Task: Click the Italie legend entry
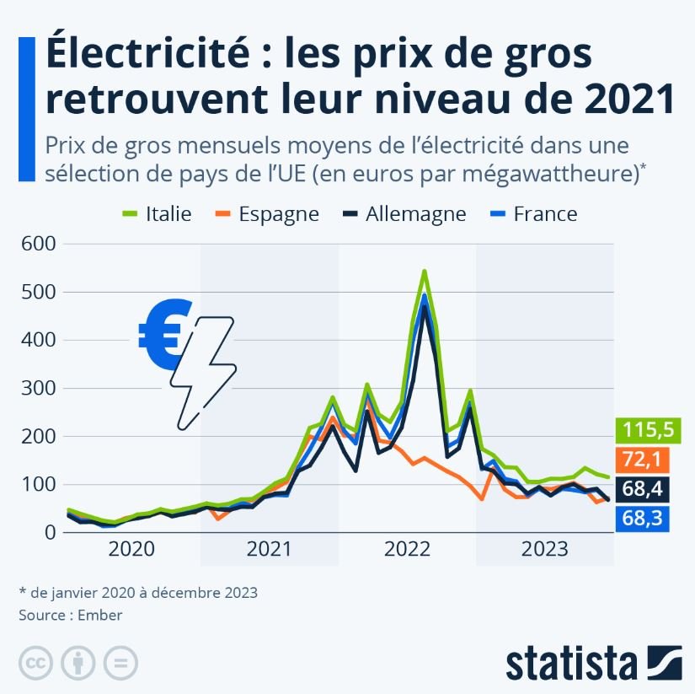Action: pos(156,213)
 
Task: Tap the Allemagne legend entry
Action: pos(402,213)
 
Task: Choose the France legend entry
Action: pos(532,213)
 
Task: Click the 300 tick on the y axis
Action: pos(37,389)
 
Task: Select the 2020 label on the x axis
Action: pos(132,550)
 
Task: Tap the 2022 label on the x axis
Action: pos(408,550)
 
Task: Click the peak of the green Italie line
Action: pos(424,272)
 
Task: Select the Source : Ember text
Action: pos(71,615)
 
